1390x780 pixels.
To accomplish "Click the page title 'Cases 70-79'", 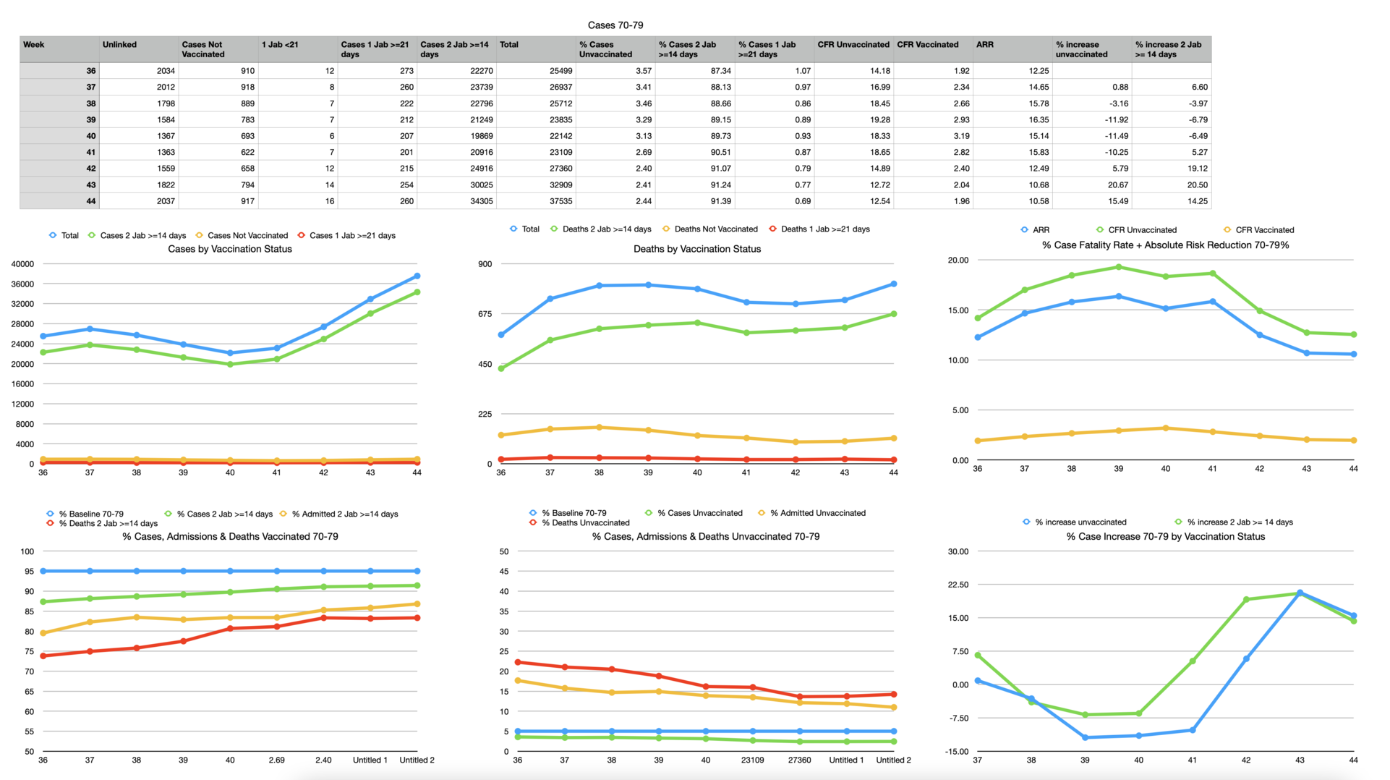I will [615, 25].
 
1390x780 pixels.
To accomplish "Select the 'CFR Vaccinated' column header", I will [927, 45].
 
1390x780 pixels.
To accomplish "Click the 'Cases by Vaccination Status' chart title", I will [230, 249].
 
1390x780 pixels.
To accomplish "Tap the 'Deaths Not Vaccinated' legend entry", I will [715, 229].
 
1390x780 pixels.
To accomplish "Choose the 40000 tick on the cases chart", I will [22, 264].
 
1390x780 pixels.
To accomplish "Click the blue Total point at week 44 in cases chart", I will [417, 276].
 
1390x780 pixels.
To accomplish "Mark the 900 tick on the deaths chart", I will [485, 264].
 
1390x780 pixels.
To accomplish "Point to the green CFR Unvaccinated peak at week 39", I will [1119, 267].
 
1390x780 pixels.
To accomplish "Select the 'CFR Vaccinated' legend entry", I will [1264, 230].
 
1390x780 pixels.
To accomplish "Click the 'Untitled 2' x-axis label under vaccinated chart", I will [417, 760].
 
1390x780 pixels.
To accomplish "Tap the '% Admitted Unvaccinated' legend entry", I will [817, 513].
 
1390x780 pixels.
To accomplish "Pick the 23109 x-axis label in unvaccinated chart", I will [752, 760].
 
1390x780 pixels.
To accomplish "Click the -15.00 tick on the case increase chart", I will [958, 752].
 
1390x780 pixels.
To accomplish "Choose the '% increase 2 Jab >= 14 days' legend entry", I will [1240, 522].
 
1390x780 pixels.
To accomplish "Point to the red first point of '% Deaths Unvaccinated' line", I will [518, 662].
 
